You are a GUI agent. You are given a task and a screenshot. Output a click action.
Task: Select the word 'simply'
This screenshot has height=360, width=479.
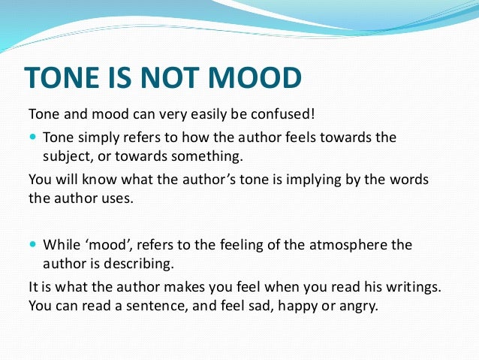99,138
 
